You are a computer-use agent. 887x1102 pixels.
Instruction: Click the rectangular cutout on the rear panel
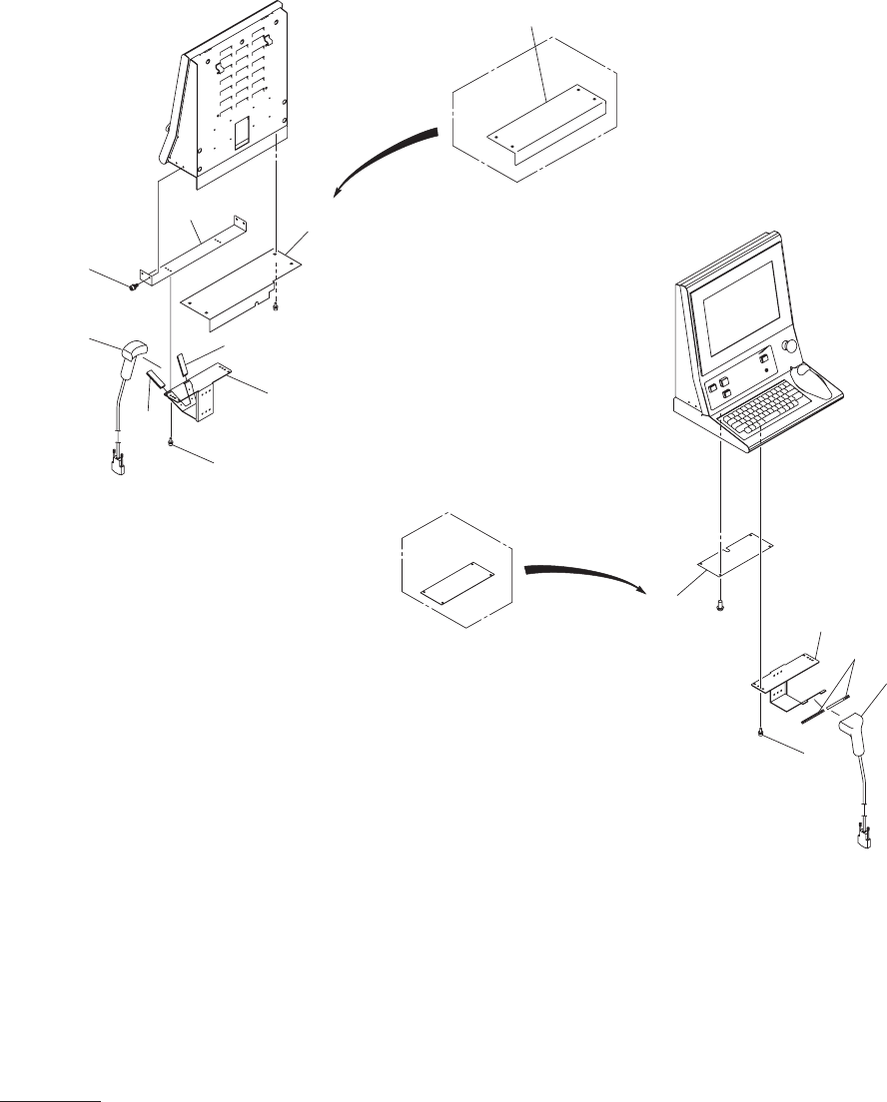coord(240,134)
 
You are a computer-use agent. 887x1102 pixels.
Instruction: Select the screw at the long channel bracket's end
coord(133,287)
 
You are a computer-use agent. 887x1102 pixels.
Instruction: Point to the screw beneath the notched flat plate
coord(720,605)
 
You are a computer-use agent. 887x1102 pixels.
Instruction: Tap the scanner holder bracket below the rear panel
coord(205,394)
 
